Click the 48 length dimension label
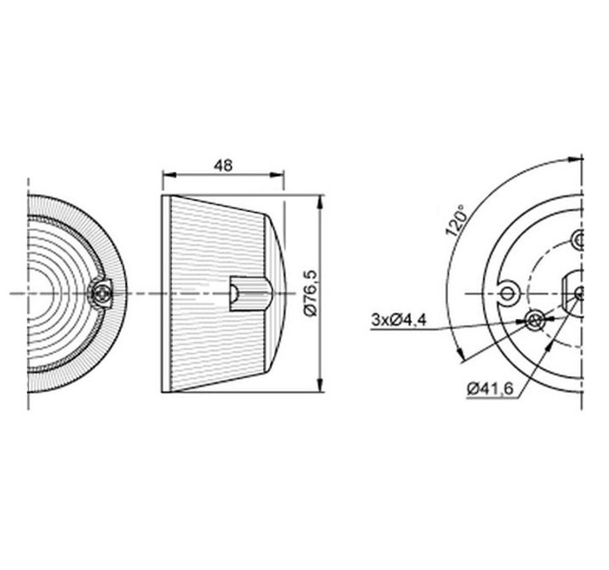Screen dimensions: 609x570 click(x=223, y=166)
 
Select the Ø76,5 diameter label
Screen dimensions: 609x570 click(x=311, y=292)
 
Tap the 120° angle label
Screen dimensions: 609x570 click(x=456, y=221)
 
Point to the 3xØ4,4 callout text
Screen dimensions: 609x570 click(x=399, y=321)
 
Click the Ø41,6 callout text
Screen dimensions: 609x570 click(x=491, y=388)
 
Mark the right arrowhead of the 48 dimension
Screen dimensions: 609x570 click(x=278, y=175)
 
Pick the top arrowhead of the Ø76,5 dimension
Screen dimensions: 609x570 click(x=319, y=202)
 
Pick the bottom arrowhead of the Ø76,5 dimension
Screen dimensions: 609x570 click(x=319, y=385)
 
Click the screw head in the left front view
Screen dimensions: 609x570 click(x=101, y=294)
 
